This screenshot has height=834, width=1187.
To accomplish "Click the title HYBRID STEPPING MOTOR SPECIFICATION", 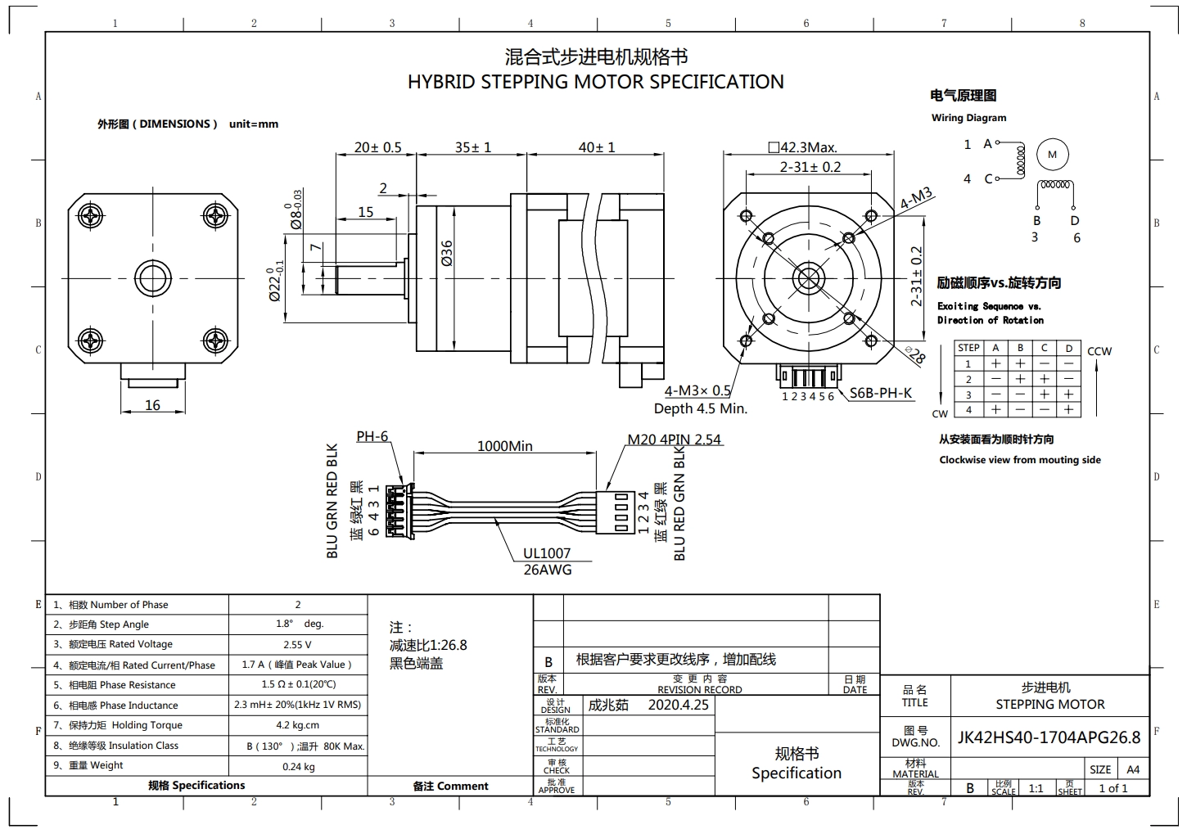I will point(595,82).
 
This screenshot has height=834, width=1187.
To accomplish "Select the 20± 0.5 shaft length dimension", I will point(377,147).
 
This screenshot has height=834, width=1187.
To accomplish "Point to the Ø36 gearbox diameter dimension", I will point(447,253).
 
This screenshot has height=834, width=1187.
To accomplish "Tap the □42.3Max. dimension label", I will point(802,147).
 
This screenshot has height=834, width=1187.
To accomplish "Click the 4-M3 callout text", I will point(916,199).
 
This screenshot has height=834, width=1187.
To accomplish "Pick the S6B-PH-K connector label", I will point(881,393).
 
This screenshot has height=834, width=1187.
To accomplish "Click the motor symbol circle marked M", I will point(1053,155).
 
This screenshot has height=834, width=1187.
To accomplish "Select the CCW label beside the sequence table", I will point(1099,351).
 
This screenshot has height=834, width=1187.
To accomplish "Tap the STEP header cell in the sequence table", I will point(968,348).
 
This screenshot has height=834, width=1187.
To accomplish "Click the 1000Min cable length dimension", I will point(504,446).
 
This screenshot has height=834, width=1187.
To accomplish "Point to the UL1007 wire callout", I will point(547,553).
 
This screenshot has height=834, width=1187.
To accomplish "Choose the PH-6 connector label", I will point(372,436).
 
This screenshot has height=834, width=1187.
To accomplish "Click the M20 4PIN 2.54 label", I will point(674,440).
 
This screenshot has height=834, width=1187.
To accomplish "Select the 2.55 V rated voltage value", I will point(297,645).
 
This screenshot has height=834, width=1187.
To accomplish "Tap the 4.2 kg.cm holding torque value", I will point(297,725).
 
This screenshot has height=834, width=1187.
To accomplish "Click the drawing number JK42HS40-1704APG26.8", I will point(1049,737).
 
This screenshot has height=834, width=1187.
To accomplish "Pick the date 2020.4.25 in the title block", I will point(678,705).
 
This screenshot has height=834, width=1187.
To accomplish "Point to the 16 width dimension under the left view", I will point(152,405).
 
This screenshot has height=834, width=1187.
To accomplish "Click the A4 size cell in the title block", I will point(1133,769).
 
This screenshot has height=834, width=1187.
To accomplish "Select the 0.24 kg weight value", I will point(297,767).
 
